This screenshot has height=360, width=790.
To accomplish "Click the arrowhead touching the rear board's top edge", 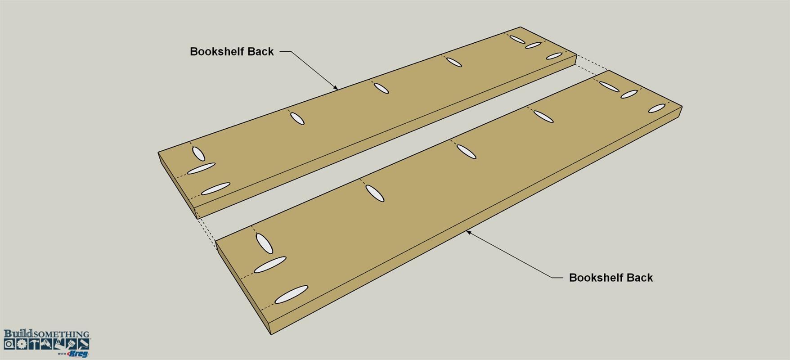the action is (335, 87).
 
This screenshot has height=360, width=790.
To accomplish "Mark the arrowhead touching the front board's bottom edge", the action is (469, 232).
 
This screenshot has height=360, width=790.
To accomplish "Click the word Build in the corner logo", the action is (18, 334).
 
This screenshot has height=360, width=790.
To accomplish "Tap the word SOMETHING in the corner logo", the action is (61, 334).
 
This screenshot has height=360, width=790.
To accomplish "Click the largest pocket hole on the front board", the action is (292, 294).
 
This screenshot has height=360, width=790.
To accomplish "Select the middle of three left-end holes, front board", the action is (270, 265).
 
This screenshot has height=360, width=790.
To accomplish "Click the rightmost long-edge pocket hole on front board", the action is (543, 116).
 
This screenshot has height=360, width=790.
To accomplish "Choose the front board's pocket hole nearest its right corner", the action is (657, 108).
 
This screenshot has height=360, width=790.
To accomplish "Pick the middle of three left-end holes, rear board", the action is (201, 168).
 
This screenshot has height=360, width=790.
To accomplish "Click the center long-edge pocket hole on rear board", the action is (382, 88).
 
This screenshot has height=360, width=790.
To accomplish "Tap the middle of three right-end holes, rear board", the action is (533, 45).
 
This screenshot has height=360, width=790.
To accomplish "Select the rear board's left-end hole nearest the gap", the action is (215, 189).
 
